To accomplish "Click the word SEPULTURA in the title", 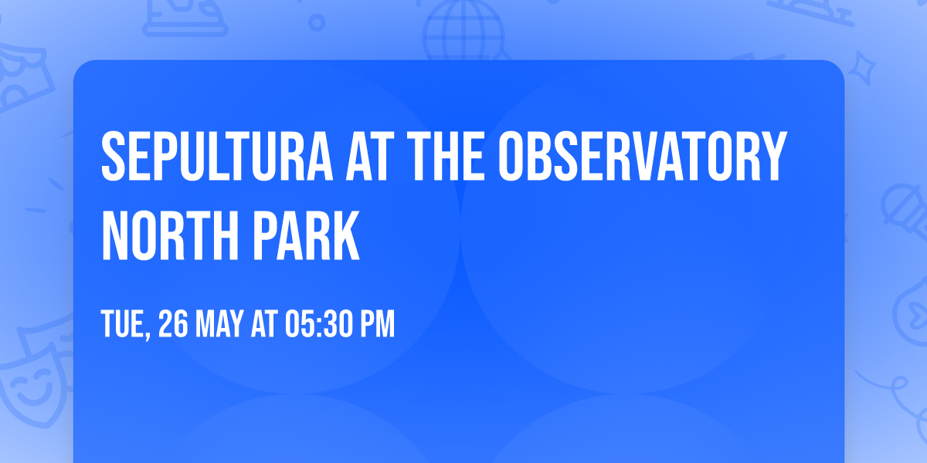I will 212,157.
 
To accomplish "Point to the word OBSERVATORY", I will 641,157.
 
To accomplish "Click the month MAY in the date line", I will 222,325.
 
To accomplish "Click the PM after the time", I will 375,325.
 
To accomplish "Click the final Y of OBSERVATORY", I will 775,157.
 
